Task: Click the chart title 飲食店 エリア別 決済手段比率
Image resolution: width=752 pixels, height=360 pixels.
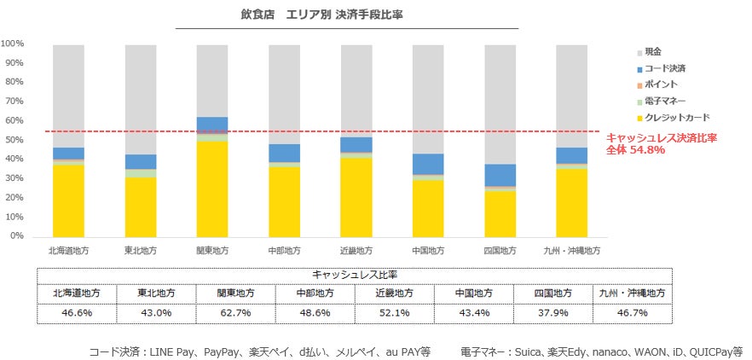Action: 346,15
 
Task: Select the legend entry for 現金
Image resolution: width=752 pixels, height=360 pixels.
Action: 653,52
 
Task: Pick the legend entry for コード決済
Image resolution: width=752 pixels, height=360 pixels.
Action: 665,68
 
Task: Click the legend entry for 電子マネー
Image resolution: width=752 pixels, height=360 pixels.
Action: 665,101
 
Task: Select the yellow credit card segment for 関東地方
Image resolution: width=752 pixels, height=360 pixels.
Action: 212,188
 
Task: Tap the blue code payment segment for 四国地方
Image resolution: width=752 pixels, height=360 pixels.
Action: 500,175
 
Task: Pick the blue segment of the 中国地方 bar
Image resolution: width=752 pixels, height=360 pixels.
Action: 427,164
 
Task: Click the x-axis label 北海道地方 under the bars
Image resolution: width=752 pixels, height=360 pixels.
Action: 68,251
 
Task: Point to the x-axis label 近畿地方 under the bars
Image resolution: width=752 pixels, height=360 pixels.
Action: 356,251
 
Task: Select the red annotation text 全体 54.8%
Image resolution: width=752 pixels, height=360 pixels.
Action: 632,150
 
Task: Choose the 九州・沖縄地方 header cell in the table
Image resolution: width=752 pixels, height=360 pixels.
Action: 633,293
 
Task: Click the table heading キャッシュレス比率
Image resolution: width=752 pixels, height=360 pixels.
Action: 355,275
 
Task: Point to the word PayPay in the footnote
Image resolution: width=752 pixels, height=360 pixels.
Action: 217,351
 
